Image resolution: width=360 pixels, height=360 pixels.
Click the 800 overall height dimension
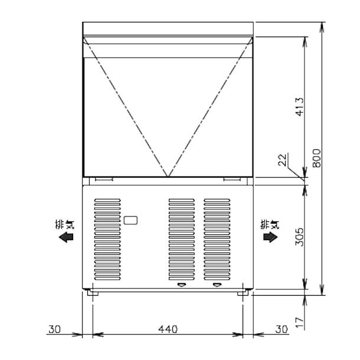coord(317,158)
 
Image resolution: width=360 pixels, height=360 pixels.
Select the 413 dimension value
coord(299,107)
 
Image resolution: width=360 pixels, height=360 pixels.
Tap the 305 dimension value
coord(299,236)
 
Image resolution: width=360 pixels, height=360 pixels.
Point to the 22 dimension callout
coord(282,160)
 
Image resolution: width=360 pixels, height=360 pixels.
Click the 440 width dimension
coord(168,329)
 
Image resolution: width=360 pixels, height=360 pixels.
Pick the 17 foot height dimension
coord(299,322)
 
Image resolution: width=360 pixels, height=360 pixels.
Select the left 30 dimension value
coord(54,329)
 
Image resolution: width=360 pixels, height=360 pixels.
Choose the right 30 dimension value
coord(282,329)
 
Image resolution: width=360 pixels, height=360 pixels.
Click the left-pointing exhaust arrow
coord(67,237)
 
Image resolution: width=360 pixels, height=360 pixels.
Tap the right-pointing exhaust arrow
coord(270,237)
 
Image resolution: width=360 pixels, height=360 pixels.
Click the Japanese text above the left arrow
coord(68,224)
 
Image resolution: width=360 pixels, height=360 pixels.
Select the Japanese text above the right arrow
coord(269,224)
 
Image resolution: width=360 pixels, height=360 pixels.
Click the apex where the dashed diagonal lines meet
coord(168,176)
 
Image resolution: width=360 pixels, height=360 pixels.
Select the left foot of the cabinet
coord(92,292)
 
